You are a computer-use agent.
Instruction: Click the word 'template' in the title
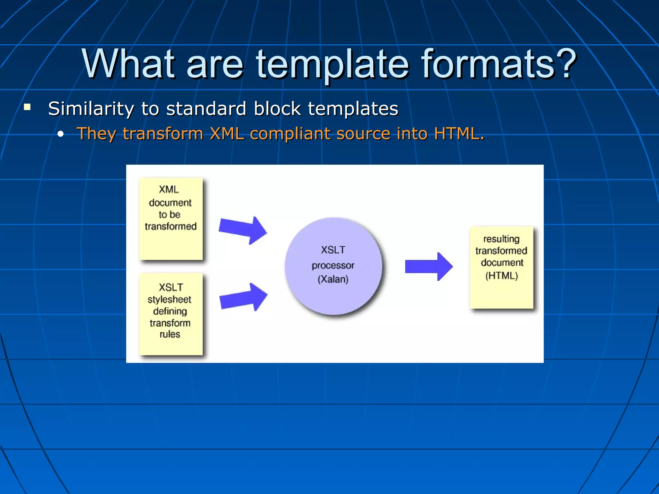tap(332, 64)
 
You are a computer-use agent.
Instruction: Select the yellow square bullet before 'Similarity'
tap(27, 107)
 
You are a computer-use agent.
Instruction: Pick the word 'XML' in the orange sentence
tap(227, 133)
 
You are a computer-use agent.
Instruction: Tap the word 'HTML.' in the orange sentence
tap(459, 133)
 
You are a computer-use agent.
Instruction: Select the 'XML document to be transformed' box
tap(171, 219)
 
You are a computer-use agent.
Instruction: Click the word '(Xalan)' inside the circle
tap(333, 279)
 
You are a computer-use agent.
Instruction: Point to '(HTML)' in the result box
tap(502, 276)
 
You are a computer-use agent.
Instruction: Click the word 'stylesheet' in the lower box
tap(169, 300)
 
